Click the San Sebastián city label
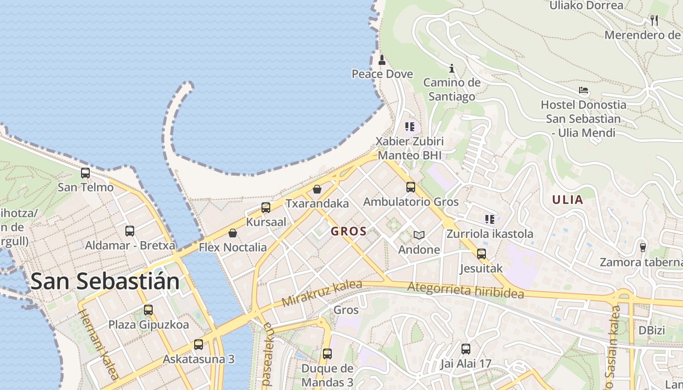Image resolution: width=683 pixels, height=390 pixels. [105, 282]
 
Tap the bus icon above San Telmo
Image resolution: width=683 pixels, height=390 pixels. [85, 173]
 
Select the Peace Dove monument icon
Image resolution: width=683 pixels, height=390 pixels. [382, 60]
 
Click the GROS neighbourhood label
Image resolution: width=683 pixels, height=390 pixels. [349, 232]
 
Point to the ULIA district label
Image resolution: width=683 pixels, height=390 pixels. [567, 199]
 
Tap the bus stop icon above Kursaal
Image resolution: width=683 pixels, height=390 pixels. [266, 208]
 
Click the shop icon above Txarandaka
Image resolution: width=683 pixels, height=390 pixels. [317, 189]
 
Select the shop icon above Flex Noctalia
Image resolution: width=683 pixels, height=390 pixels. [233, 233]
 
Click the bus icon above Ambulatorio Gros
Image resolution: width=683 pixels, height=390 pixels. [411, 187]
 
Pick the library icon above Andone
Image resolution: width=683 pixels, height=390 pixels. [419, 235]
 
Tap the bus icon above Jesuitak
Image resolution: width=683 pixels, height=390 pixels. [482, 254]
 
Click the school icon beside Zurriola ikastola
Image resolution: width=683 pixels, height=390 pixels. [490, 219]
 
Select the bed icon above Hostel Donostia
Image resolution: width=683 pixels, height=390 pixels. [583, 90]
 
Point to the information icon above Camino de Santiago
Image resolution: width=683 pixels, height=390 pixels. [452, 68]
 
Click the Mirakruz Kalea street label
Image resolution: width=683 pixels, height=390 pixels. [322, 293]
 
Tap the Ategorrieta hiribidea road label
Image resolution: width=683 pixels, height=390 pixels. [465, 291]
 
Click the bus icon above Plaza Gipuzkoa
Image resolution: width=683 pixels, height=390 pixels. [148, 310]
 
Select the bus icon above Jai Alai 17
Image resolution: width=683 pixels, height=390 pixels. [466, 349]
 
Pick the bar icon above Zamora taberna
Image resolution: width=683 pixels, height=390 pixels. [643, 248]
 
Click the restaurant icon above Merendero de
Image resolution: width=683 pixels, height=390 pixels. [654, 20]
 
